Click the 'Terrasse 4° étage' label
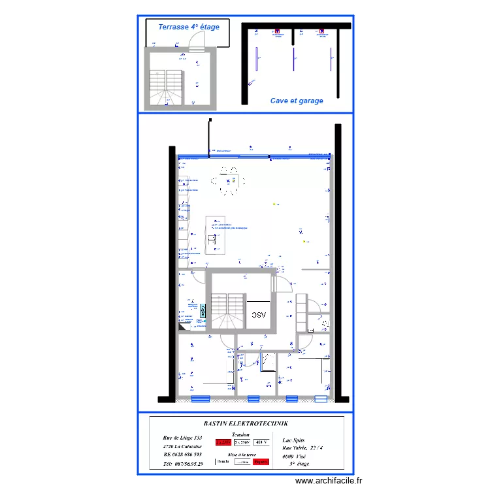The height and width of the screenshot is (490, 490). click(189, 27)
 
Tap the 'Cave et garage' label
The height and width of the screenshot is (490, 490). click(297, 101)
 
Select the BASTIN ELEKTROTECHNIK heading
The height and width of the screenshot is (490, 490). click(246, 423)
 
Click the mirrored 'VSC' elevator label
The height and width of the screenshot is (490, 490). click(259, 315)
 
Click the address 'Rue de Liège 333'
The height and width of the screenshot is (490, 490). click(182, 438)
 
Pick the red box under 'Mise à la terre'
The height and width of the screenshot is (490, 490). click(261, 463)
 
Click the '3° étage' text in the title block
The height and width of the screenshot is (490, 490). click(298, 464)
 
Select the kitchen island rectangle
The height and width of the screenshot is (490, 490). click(215, 236)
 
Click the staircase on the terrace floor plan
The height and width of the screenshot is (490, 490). click(165, 86)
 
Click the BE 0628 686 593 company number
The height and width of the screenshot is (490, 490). click(182, 455)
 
